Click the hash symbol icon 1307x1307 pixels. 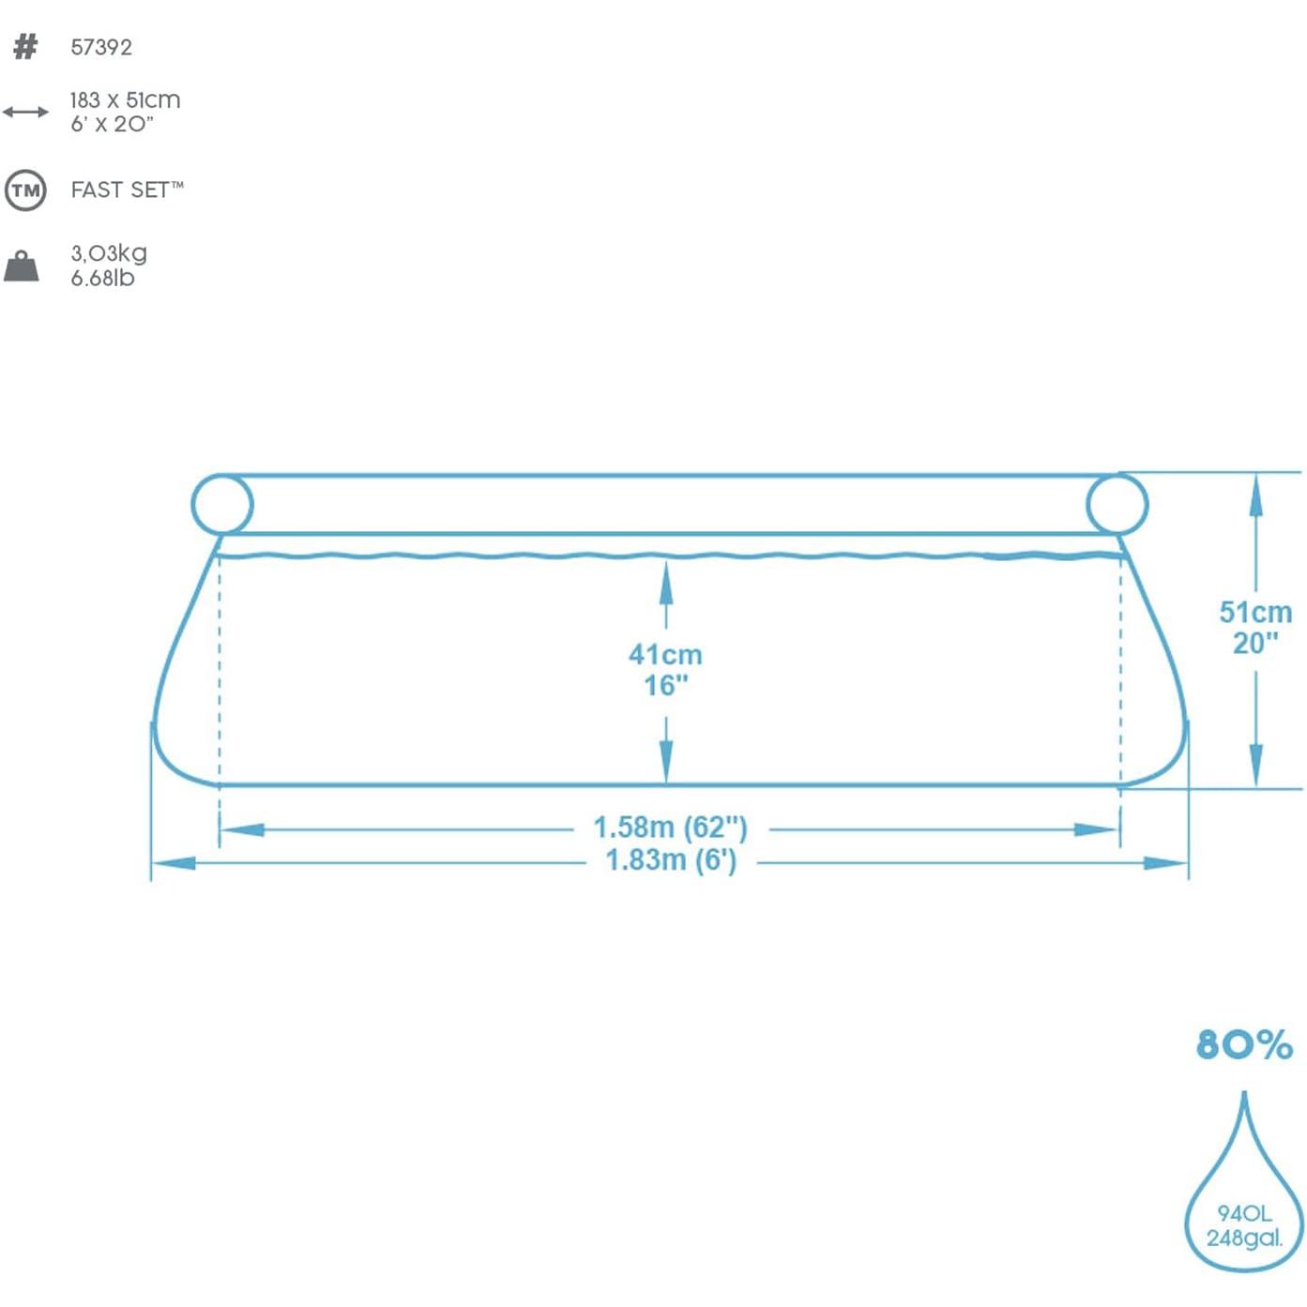click(25, 47)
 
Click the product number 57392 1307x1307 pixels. click(101, 47)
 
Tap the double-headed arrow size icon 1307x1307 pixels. click(25, 113)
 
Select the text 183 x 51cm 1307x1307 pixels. click(125, 99)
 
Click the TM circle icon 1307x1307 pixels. click(25, 190)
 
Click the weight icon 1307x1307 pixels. click(22, 266)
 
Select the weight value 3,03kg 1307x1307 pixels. click(109, 253)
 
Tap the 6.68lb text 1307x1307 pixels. click(102, 279)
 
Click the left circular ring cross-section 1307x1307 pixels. click(222, 505)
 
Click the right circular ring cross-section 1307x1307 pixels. click(1117, 504)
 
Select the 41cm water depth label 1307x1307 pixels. click(665, 654)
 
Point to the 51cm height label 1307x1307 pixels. click(1254, 612)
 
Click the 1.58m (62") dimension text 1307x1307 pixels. click(670, 828)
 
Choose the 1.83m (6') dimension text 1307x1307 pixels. click(670, 859)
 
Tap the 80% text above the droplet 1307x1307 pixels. click(1244, 1044)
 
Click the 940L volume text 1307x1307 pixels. click(1244, 1213)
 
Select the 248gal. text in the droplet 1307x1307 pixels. click(1244, 1239)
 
